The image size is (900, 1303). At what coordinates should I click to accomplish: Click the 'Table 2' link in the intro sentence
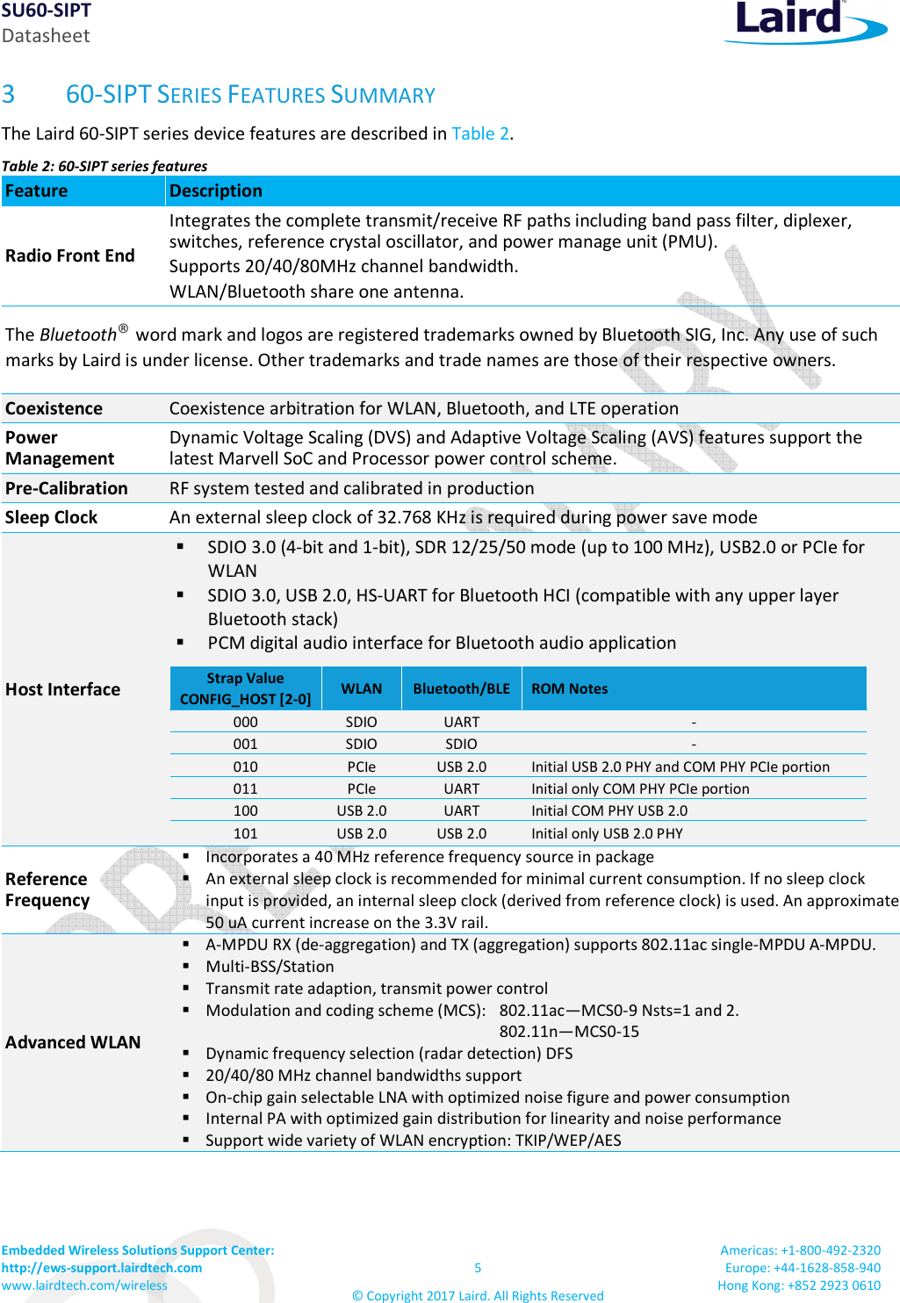click(479, 133)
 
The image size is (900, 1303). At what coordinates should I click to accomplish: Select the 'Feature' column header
click(37, 191)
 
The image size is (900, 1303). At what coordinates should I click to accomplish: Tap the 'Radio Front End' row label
click(70, 256)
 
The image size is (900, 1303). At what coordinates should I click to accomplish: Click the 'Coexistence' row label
click(54, 408)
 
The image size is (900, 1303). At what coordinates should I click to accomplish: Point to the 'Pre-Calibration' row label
click(67, 488)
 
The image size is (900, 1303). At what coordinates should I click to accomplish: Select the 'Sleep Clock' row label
click(52, 517)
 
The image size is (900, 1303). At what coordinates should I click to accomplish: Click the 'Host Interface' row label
click(63, 689)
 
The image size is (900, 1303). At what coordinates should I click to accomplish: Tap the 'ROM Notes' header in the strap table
click(569, 688)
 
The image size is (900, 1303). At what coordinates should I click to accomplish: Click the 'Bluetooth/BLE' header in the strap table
click(461, 688)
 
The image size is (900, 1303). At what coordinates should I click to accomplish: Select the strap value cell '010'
click(245, 767)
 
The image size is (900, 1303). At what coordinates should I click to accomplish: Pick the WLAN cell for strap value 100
click(361, 810)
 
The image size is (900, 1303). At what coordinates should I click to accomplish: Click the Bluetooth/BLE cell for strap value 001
click(461, 744)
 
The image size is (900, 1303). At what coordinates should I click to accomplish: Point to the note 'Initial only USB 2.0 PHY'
click(607, 833)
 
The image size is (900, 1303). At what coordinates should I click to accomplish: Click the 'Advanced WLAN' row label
click(73, 1042)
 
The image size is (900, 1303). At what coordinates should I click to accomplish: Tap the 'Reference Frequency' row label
click(47, 889)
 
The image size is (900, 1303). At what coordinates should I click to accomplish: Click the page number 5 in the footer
click(478, 1267)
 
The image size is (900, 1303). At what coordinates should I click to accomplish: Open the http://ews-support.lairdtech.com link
click(102, 1267)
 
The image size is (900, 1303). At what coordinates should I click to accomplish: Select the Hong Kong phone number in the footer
click(833, 1285)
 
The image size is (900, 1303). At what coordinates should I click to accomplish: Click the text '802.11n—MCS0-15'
click(569, 1032)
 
